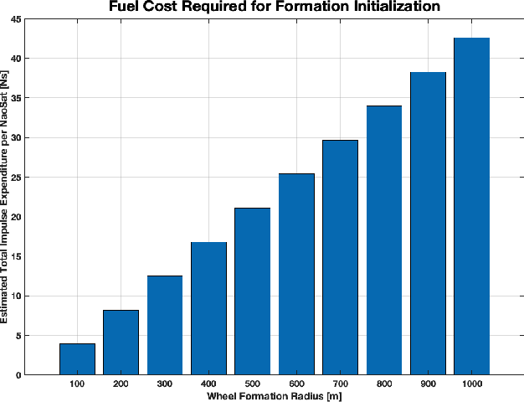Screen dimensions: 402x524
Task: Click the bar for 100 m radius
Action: coord(77,359)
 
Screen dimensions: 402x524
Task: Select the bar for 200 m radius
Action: coord(121,343)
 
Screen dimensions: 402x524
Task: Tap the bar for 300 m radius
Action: coord(164,325)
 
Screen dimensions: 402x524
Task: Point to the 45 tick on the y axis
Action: coord(17,19)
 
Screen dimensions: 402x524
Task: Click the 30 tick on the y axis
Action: coord(17,137)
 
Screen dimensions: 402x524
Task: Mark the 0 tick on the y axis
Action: coord(19,375)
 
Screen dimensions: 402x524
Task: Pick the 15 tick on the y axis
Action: coord(17,256)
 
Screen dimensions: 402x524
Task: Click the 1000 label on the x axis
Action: coord(471,384)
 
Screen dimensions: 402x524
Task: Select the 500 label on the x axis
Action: coord(252,384)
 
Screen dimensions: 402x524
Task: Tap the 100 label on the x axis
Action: coord(77,384)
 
